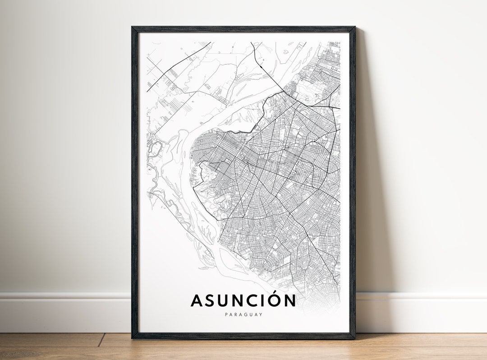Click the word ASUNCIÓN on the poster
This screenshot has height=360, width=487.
click(243, 300)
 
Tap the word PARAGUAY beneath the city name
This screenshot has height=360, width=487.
click(243, 314)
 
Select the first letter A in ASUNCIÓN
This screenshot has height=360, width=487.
click(198, 300)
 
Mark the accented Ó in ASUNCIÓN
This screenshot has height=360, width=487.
click(277, 300)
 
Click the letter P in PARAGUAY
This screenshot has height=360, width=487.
click(225, 314)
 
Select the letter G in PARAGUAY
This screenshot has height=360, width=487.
click(243, 314)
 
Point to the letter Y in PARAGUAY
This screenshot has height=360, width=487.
click(261, 314)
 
